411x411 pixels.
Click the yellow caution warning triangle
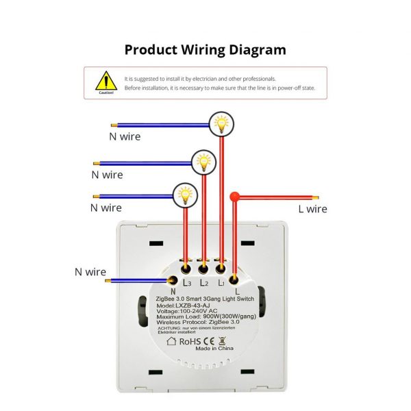(106, 80)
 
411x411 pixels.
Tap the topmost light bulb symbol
(221, 123)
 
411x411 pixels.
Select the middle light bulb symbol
(203, 162)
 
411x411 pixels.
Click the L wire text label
(312, 209)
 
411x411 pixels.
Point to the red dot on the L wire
(235, 196)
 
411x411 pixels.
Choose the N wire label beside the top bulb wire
(125, 136)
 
